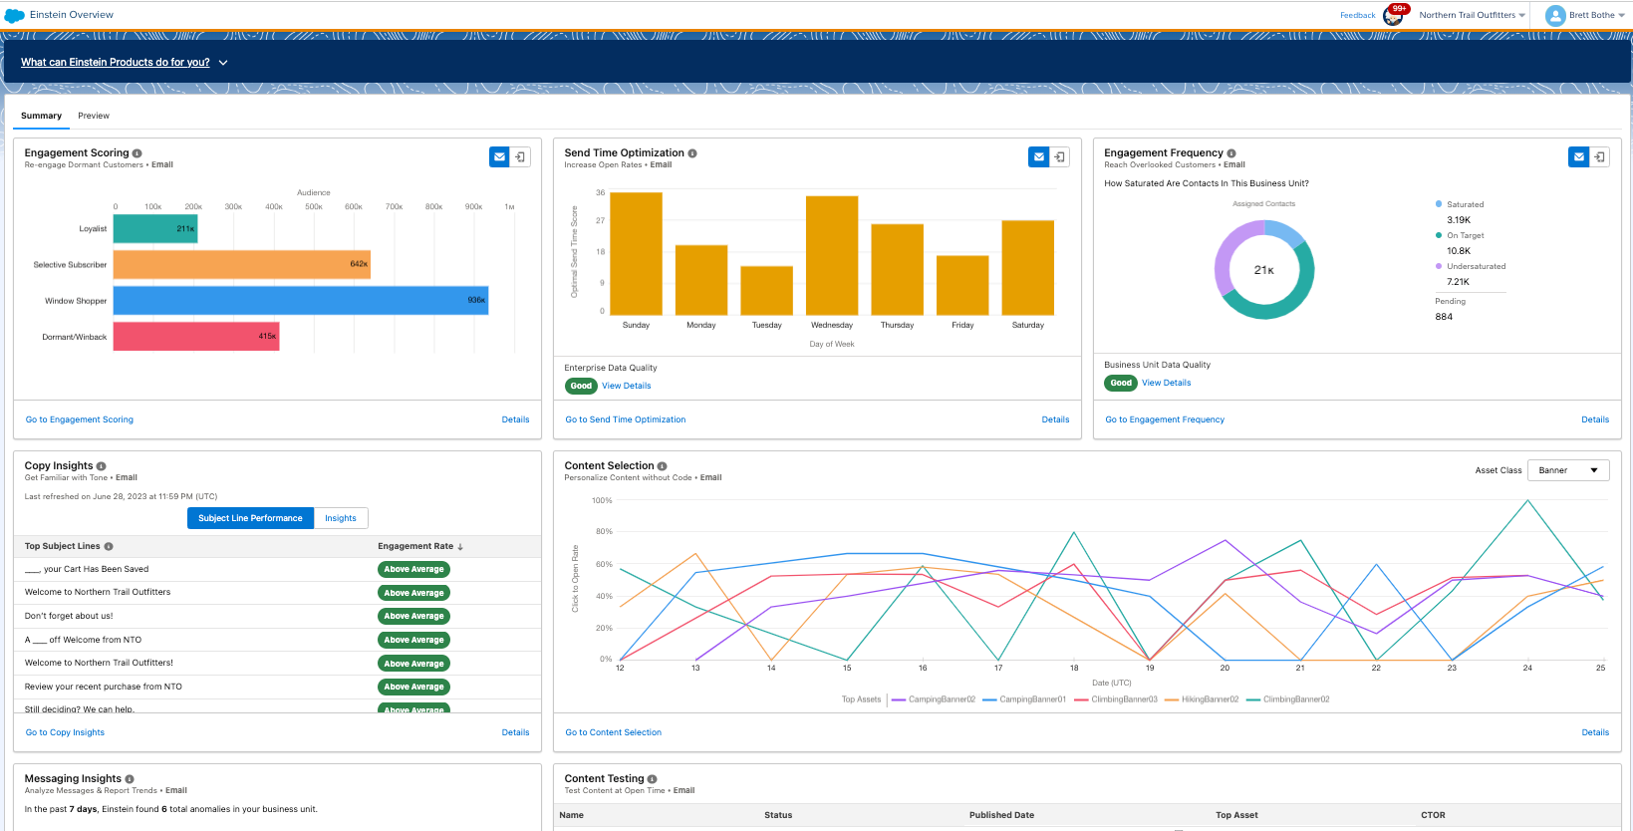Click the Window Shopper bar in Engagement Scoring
coord(300,300)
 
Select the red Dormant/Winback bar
coord(195,336)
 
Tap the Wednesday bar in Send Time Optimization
coord(831,256)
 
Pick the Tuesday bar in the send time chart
coord(766,290)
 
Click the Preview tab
coord(94,116)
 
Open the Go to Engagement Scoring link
coord(80,419)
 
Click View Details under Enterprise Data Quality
coord(626,386)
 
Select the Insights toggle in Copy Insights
coord(340,518)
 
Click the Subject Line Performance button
coord(250,518)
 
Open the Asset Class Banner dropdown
coord(1567,470)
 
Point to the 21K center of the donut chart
coord(1263,270)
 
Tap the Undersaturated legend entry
coord(1476,266)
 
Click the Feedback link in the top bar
coord(1357,15)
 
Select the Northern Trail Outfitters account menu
coord(1472,15)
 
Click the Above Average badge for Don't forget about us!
coord(413,616)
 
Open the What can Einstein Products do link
coord(116,62)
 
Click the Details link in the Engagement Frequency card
coord(1594,419)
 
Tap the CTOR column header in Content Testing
coord(1432,815)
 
